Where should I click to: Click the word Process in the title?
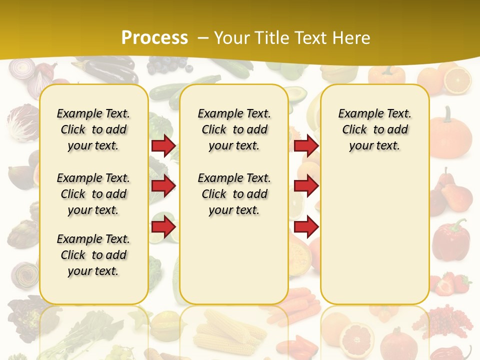(x=154, y=37)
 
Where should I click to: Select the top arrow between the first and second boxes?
(x=163, y=146)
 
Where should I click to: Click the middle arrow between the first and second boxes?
(x=163, y=186)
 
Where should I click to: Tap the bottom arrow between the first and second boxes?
(x=163, y=226)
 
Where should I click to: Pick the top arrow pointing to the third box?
(x=306, y=146)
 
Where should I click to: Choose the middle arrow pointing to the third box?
(x=306, y=186)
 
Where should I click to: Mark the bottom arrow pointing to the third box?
(x=306, y=226)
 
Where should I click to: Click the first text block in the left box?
(x=93, y=129)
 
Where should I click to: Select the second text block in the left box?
(x=93, y=194)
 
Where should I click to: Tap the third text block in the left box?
(x=93, y=255)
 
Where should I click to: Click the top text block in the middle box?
(x=234, y=129)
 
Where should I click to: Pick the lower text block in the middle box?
(x=234, y=194)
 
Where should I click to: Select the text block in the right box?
(x=374, y=129)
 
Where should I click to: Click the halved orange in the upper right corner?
(x=457, y=80)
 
